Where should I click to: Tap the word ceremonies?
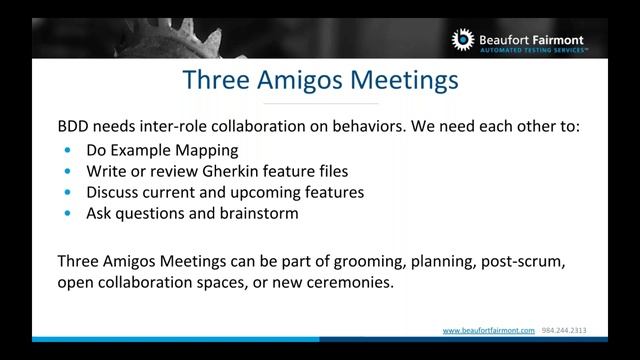point(327,283)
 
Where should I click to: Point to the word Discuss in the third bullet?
point(116,191)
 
